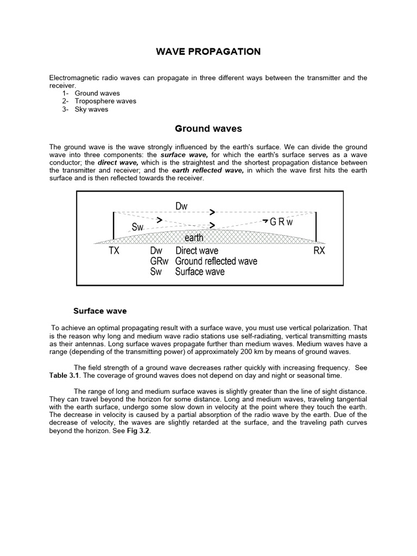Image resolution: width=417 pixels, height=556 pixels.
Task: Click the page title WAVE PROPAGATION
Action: click(208, 52)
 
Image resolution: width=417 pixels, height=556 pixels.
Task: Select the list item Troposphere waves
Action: click(105, 101)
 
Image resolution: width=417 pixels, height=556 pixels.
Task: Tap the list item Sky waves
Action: click(91, 109)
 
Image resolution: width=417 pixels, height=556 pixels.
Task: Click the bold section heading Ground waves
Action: click(208, 129)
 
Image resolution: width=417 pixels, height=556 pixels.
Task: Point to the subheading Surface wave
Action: click(100, 311)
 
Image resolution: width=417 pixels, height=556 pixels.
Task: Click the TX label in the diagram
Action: click(113, 251)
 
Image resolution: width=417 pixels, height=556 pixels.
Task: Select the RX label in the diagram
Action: click(319, 251)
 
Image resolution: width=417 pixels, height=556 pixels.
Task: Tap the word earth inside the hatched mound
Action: click(194, 238)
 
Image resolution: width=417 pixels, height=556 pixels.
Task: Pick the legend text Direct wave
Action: click(197, 251)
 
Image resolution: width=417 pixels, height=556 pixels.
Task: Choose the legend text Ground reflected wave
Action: click(216, 262)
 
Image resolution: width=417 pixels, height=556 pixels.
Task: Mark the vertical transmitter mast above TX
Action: click(113, 225)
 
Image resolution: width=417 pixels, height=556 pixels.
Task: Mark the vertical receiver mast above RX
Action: click(316, 225)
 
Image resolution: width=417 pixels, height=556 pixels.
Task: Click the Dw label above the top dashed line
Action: click(181, 206)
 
